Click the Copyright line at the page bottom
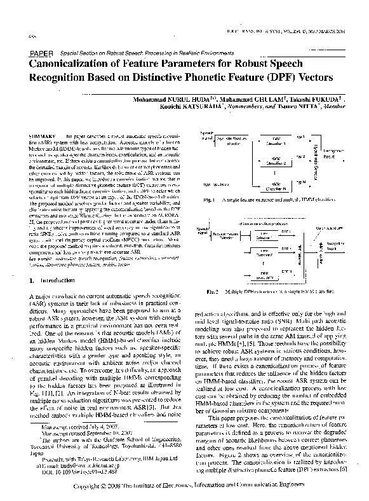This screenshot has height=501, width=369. [184, 486]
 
